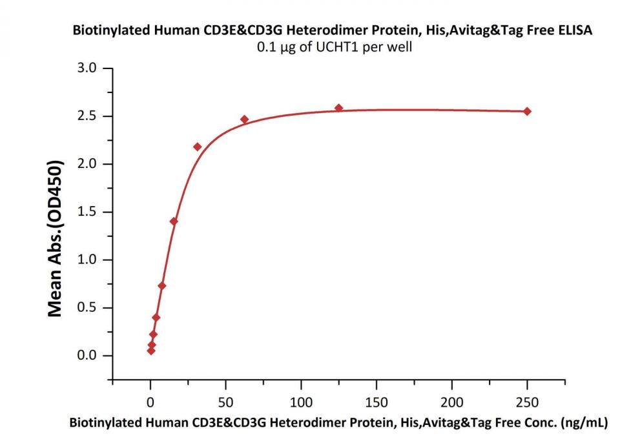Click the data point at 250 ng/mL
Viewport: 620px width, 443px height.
[527, 111]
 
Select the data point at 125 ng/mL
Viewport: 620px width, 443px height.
[339, 108]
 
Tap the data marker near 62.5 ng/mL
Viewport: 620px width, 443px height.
[244, 119]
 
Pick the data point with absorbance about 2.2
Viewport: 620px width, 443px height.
[197, 147]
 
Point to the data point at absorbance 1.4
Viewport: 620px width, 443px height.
[174, 221]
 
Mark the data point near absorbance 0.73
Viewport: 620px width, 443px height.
[162, 285]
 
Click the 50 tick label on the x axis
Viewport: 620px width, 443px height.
[226, 402]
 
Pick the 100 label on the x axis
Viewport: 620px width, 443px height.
[301, 402]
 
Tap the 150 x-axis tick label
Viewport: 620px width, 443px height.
[377, 402]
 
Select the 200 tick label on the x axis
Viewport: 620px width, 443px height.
[452, 402]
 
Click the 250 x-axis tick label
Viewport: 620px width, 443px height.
[527, 402]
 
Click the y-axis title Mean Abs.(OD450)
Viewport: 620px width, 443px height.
[56, 238]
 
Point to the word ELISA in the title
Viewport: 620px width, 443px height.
[575, 30]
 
